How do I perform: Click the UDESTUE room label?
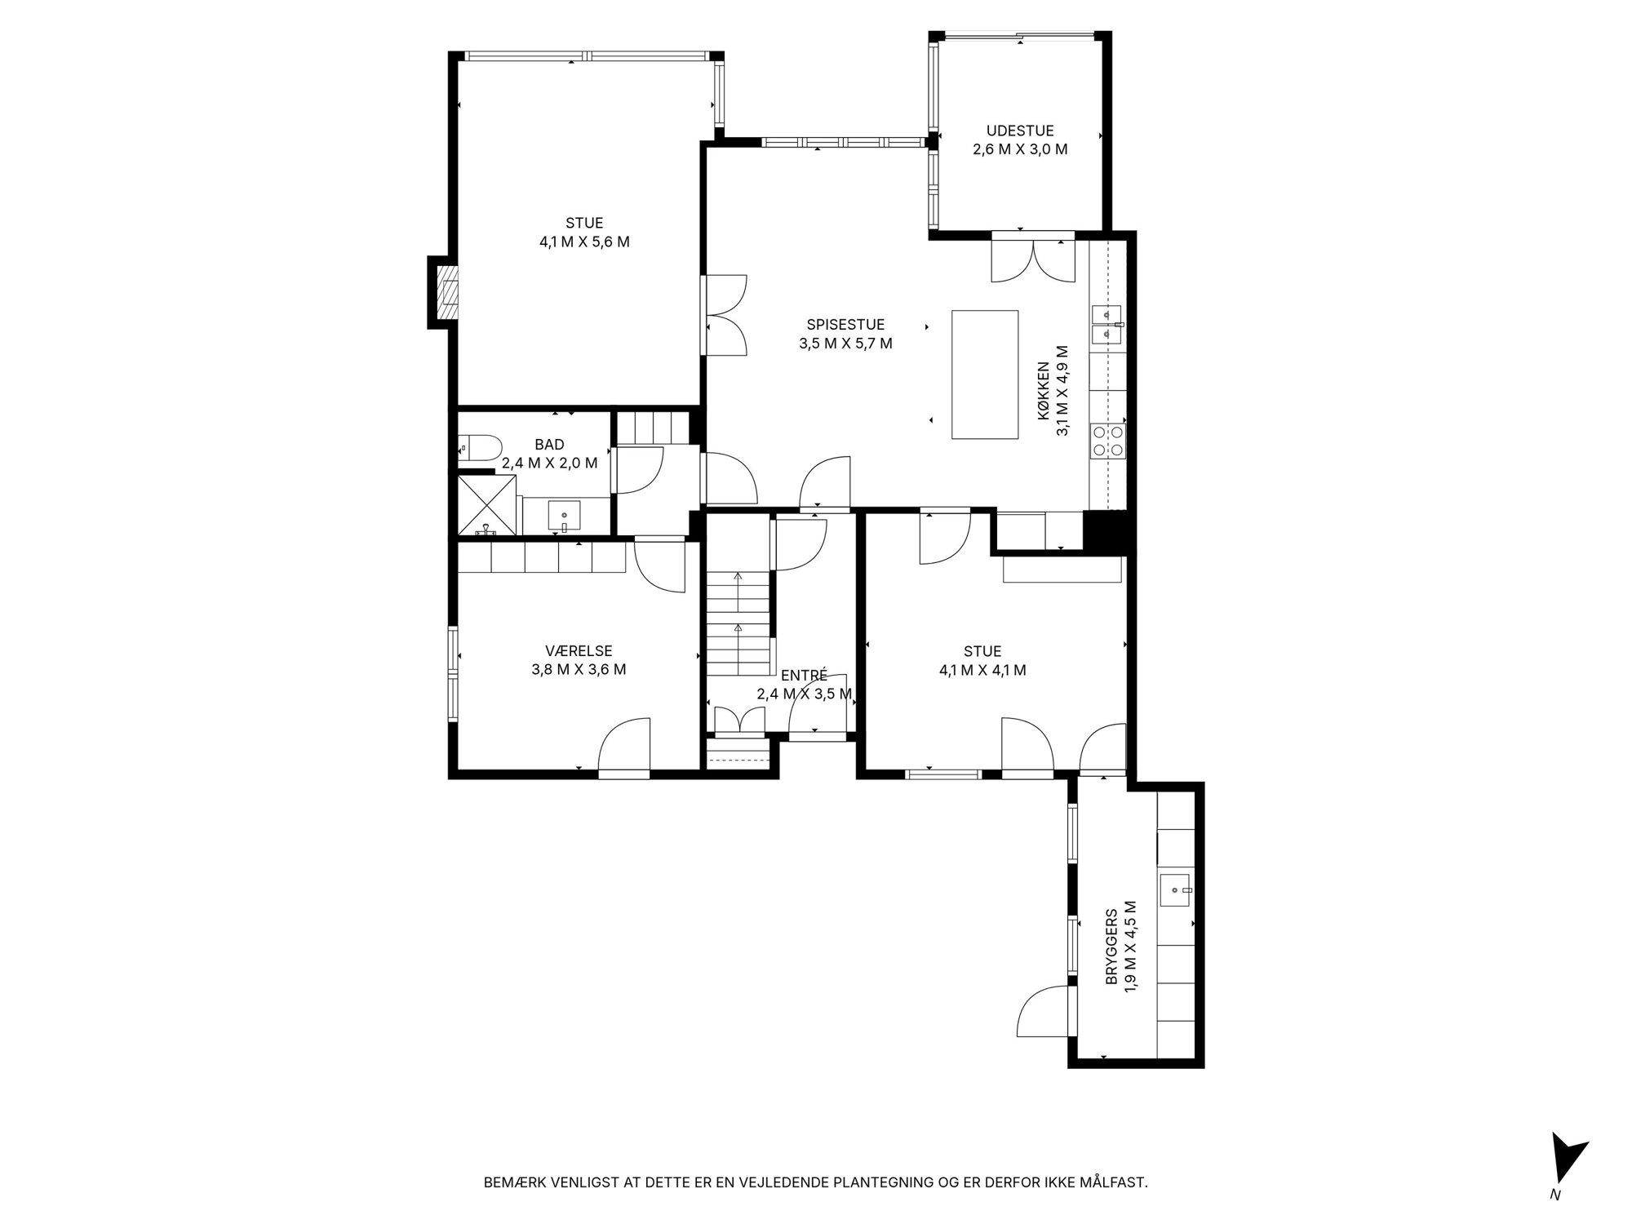pyautogui.click(x=1020, y=131)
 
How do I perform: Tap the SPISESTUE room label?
pyautogui.click(x=845, y=325)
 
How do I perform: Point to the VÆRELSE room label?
pyautogui.click(x=579, y=651)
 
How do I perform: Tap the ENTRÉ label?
pyautogui.click(x=804, y=676)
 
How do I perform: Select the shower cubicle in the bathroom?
pyautogui.click(x=487, y=506)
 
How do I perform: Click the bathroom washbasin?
pyautogui.click(x=564, y=517)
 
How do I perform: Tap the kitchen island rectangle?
pyautogui.click(x=985, y=375)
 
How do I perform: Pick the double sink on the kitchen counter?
pyautogui.click(x=1107, y=323)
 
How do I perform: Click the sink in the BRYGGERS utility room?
pyautogui.click(x=1175, y=890)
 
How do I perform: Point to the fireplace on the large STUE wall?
pyautogui.click(x=443, y=293)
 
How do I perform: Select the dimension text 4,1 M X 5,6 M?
pyautogui.click(x=584, y=242)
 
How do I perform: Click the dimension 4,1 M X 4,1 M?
pyautogui.click(x=982, y=671)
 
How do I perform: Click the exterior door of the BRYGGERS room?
pyautogui.click(x=1043, y=1012)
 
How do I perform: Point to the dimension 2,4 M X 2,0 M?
pyautogui.click(x=549, y=463)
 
